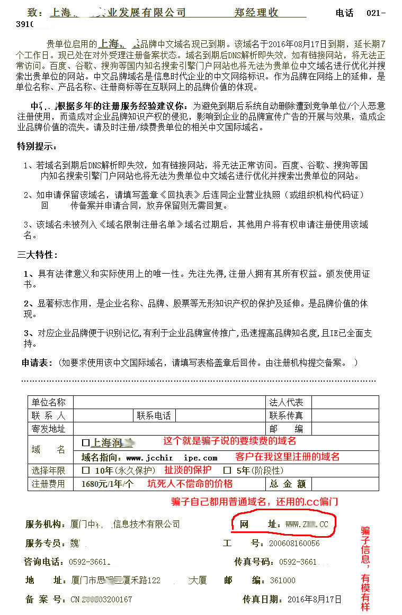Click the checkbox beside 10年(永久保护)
[x=85, y=470]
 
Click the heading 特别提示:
[x=37, y=147]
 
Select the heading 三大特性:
[x=37, y=255]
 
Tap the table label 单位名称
[x=49, y=402]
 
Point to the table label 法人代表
[x=287, y=402]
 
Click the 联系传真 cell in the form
[x=287, y=415]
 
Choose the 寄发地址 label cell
[x=49, y=429]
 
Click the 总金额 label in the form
[x=288, y=484]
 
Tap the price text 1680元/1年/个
[x=108, y=484]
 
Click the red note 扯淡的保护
[x=187, y=470]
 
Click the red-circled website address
[x=307, y=524]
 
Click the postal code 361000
[x=283, y=581]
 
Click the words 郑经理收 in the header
[x=256, y=13]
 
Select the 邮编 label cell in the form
[x=287, y=429]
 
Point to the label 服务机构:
[x=47, y=524]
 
